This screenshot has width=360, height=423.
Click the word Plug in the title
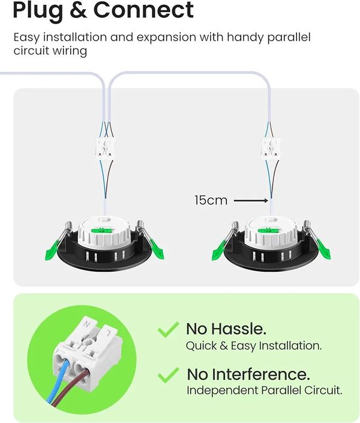click(38, 11)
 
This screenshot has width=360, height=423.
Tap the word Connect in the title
click(143, 10)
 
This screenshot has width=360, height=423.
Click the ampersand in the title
click(78, 10)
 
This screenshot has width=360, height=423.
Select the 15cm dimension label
click(211, 200)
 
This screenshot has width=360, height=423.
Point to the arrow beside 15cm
click(250, 200)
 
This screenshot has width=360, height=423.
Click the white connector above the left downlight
click(105, 147)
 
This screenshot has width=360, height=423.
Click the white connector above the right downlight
click(271, 147)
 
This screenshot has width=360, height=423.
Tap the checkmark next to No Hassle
click(168, 329)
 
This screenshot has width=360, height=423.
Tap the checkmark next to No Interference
click(168, 375)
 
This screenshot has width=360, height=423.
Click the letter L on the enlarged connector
click(108, 333)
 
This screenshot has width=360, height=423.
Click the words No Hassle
click(226, 329)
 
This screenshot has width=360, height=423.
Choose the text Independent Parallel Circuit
click(264, 390)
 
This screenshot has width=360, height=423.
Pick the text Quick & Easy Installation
click(254, 346)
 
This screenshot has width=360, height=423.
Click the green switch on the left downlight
click(102, 230)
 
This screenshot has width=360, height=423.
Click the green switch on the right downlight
click(268, 230)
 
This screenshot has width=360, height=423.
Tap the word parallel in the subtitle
click(289, 38)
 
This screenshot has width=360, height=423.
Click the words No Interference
click(248, 375)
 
